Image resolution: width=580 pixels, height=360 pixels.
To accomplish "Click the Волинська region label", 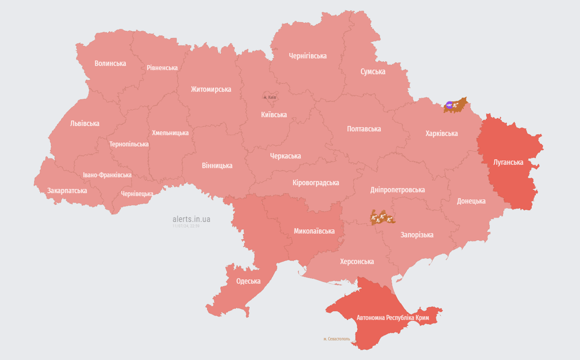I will (110, 63).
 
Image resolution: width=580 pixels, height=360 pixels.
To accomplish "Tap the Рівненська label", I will (162, 68).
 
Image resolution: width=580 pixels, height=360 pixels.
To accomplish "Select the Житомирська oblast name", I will (211, 89).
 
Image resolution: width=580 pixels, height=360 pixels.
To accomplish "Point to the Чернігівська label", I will (308, 56).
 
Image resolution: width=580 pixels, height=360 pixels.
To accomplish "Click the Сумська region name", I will (373, 72).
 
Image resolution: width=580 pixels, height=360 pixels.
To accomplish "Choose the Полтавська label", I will (364, 129).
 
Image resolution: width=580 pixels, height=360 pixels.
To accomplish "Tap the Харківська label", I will (441, 134).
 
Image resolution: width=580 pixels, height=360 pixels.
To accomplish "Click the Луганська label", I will (508, 163).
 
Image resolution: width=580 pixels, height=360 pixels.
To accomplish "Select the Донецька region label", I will (471, 201).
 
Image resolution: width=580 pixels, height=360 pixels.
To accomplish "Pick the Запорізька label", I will (417, 235).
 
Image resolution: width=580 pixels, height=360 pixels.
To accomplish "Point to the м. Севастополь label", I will (336, 339).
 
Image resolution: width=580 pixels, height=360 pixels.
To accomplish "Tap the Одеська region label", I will (248, 281).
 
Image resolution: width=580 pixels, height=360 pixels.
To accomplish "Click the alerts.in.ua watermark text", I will (191, 219).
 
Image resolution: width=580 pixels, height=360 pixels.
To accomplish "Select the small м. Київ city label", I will (270, 97).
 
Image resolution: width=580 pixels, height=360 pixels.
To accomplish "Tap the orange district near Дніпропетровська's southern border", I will (382, 217).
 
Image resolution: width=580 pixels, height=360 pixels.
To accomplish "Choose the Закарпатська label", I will (67, 191).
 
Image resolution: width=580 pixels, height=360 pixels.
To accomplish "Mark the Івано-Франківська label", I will (107, 175).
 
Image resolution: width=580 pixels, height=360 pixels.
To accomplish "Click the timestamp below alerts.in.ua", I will (186, 226).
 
